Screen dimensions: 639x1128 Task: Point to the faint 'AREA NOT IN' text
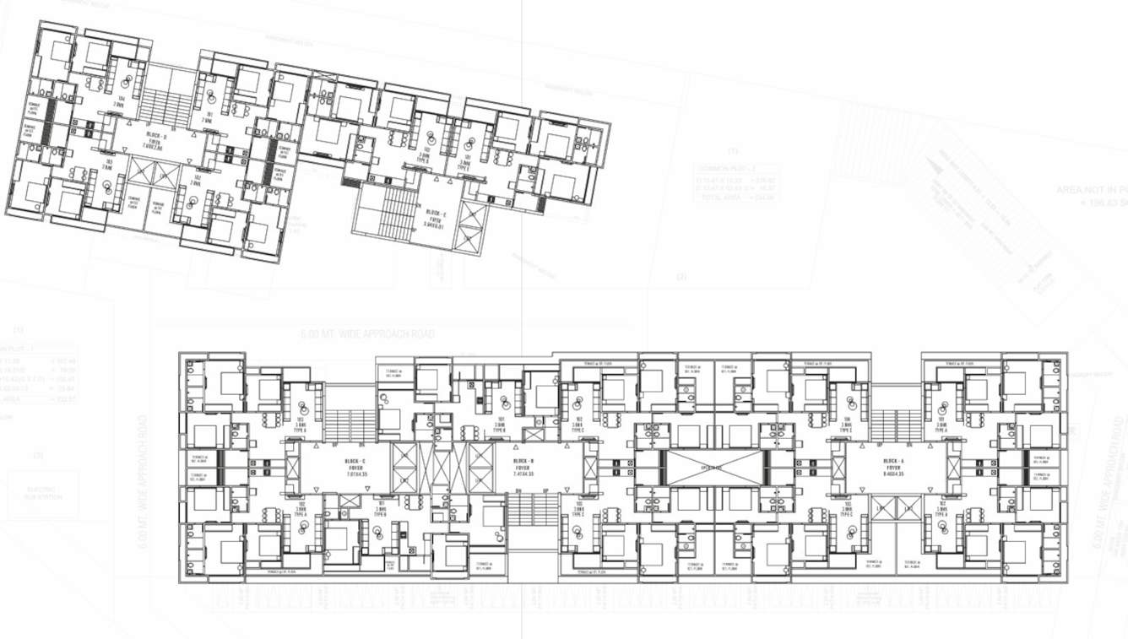pyautogui.click(x=1089, y=190)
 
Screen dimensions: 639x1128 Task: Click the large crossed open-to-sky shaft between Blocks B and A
pyautogui.click(x=715, y=467)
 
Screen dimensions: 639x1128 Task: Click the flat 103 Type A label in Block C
pyautogui.click(x=299, y=422)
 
